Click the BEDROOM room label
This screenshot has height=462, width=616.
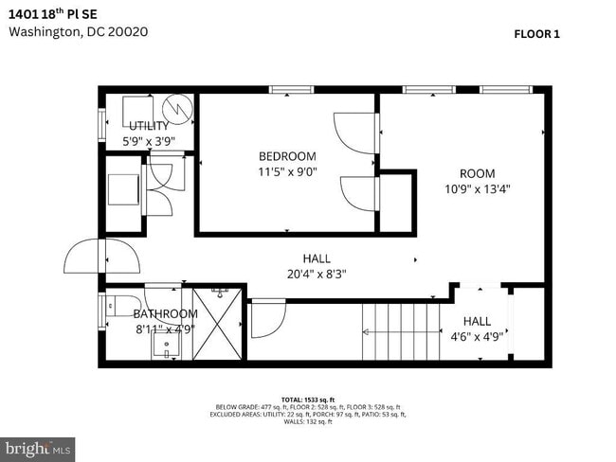(287, 156)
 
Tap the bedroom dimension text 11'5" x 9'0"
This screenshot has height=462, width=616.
(287, 172)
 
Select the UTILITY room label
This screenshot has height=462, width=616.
(149, 126)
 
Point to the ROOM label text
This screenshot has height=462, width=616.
(478, 173)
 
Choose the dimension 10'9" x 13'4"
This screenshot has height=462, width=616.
(478, 188)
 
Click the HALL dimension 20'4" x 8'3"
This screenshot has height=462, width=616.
(317, 274)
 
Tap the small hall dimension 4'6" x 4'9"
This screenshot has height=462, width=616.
(478, 336)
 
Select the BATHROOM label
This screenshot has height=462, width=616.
(165, 313)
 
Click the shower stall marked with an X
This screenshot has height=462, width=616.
(218, 322)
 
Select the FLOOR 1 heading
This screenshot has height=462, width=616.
(536, 34)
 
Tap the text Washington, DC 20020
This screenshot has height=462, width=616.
(78, 31)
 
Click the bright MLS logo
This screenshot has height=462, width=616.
(38, 447)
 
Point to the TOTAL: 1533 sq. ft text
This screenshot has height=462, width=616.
(307, 400)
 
